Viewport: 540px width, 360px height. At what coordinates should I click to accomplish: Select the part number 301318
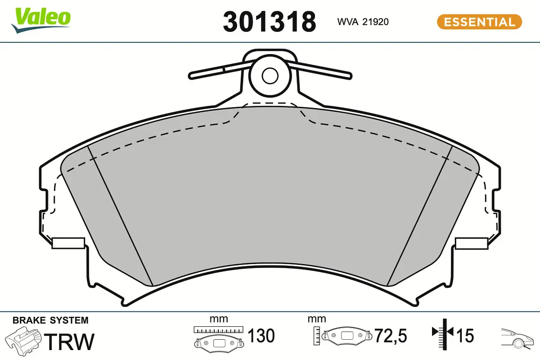pos(269,21)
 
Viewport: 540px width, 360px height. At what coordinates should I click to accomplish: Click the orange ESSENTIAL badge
pos(479,22)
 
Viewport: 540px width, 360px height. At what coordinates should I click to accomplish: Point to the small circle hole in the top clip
pos(270,75)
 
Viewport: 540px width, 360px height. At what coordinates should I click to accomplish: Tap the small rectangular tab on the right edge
pos(472,243)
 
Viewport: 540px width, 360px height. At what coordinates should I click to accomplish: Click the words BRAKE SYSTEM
pos(50,320)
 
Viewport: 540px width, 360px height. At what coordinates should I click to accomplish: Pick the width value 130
pos(261,336)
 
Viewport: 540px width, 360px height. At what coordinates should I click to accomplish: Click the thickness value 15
pos(465,336)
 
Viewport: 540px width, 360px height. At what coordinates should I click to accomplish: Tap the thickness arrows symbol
pos(444,333)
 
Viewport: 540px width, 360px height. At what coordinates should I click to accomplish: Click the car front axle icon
pos(517,337)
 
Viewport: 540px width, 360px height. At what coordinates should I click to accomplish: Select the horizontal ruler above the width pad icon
pos(218,330)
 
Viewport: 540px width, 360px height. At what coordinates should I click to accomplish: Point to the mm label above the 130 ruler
pos(219,319)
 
